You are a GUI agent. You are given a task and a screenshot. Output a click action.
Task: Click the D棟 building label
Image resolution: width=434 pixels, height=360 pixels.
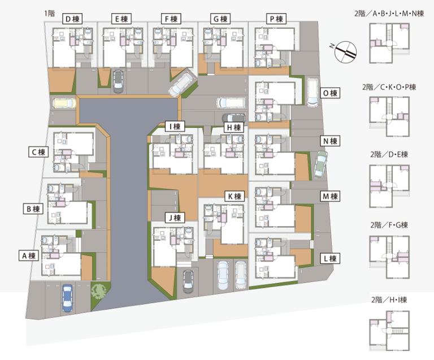coord(72,19)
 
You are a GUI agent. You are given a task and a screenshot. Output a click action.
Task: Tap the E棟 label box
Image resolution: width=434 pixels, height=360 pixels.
coord(121,19)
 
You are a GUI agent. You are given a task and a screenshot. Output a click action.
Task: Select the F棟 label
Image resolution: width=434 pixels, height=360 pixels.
coord(171,19)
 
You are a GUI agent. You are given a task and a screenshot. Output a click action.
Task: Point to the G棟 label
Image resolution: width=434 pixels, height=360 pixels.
coord(220,19)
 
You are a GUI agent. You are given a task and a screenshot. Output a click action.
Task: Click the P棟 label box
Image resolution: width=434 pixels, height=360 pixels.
coord(276,19)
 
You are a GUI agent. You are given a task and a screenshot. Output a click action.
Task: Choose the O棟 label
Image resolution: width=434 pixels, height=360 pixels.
coord(330,93)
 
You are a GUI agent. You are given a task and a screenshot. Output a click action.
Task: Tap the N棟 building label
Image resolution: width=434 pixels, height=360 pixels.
coord(330,141)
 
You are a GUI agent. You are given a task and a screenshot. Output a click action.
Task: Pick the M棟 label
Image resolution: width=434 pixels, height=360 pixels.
coord(330,197)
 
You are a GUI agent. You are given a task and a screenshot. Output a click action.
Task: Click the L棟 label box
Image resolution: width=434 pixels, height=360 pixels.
coord(330,259)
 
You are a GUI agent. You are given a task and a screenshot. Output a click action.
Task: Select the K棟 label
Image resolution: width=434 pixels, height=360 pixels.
coord(235,197)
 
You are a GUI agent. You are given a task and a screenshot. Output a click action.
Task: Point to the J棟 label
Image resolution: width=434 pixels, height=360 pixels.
coord(175,218)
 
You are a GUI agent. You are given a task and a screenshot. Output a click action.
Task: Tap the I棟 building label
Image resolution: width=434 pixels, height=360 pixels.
coord(175,127)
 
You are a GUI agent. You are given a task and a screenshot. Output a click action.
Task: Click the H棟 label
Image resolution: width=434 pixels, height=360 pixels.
coord(234,127)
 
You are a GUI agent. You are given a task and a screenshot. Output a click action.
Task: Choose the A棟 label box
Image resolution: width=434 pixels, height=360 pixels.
coord(29,255)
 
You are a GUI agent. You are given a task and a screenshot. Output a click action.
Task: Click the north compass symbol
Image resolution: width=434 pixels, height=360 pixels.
coord(345,51)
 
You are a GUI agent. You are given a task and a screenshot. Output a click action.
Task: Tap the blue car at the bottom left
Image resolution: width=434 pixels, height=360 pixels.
coord(68,298)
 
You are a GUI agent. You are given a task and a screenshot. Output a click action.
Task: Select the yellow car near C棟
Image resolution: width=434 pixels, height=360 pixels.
coord(64,103)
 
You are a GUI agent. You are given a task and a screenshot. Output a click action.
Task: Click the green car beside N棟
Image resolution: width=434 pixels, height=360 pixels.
coord(320,164)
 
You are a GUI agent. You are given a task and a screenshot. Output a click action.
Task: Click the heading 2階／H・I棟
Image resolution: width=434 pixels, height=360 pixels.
coord(389,300)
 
